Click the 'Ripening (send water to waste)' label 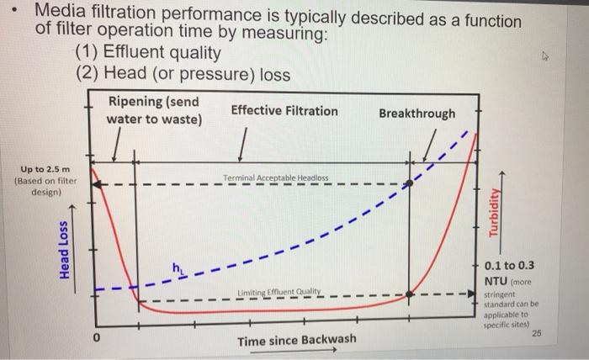pyautogui.click(x=154, y=110)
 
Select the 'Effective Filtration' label pyautogui.click(x=284, y=111)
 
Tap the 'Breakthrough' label pyautogui.click(x=417, y=114)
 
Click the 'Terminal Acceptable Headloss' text pyautogui.click(x=276, y=178)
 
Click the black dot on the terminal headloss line pyautogui.click(x=411, y=183)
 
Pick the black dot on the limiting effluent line pyautogui.click(x=411, y=294)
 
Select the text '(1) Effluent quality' pyautogui.click(x=148, y=54)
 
